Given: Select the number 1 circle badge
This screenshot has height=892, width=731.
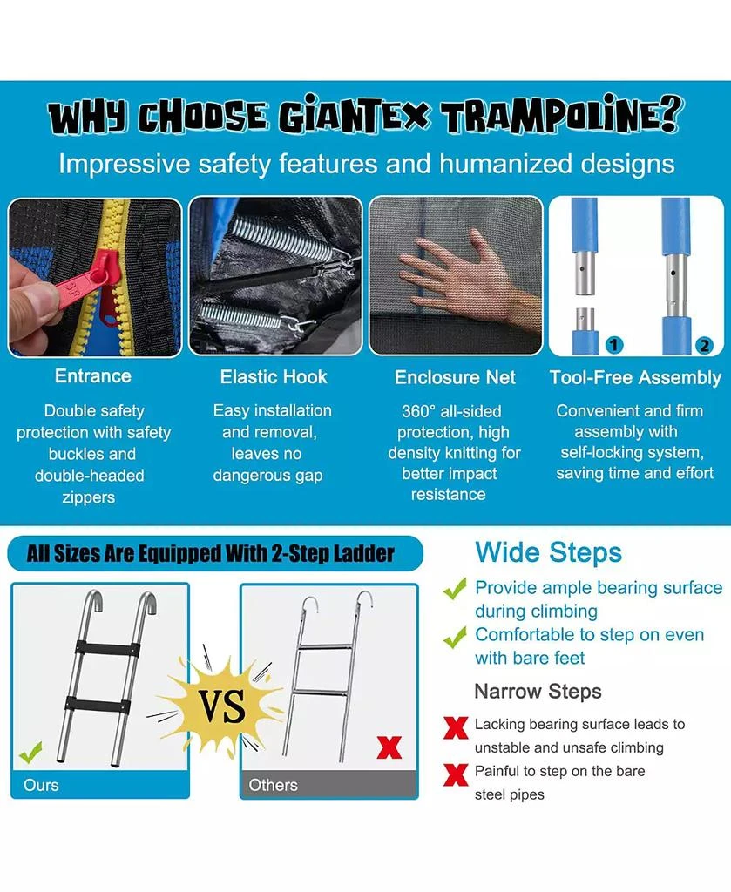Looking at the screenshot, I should click(613, 345).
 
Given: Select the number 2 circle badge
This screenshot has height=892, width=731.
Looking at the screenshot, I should click(704, 345).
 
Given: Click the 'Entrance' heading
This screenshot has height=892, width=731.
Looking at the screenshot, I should click(93, 376).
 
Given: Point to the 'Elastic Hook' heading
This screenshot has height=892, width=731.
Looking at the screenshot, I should click(274, 377).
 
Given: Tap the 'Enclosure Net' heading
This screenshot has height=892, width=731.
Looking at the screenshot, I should click(455, 377).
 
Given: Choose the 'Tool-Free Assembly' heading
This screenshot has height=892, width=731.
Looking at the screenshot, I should click(635, 377).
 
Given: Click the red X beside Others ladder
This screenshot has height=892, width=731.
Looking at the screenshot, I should click(389, 747).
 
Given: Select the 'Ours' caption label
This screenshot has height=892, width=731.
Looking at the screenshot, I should click(41, 785).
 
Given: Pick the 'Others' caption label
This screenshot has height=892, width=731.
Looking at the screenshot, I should click(273, 785).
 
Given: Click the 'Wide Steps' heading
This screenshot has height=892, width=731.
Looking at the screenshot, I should click(548, 552).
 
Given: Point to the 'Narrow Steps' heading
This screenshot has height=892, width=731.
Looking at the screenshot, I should click(538, 692).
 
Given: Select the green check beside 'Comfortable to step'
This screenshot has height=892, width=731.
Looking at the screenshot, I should click(455, 638).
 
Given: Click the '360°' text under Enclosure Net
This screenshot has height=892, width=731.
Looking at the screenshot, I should click(422, 411).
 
